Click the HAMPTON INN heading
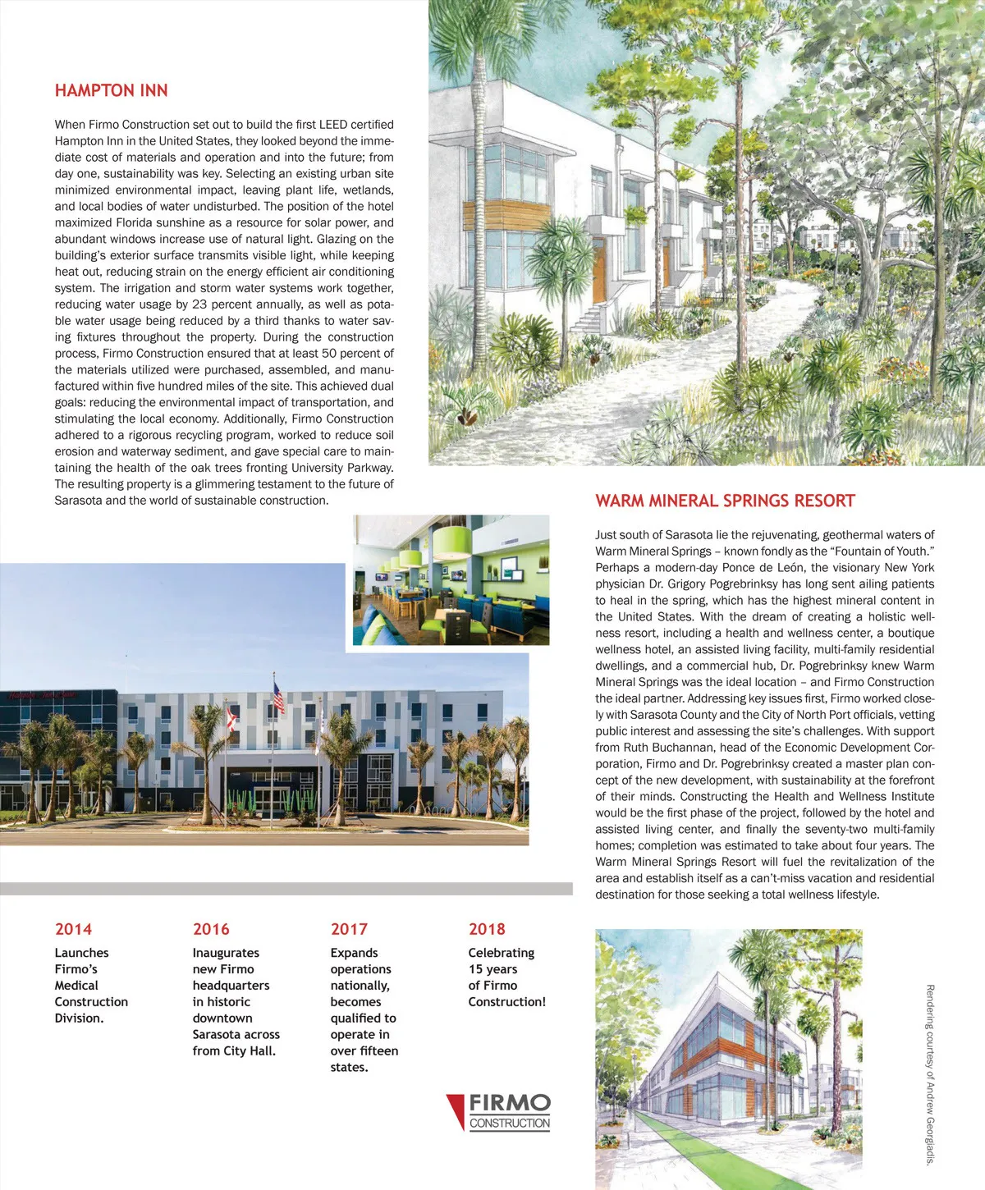tap(111, 90)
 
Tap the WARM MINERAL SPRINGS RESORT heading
tap(725, 501)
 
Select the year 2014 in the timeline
tap(73, 929)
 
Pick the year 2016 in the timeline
tap(211, 929)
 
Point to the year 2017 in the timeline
tap(349, 929)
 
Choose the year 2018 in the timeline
tap(487, 929)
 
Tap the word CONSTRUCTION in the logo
tap(510, 1123)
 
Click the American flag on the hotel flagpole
tap(279, 698)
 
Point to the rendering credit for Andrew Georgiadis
tap(930, 1074)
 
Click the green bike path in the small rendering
tap(698, 1149)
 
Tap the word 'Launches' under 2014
tap(81, 953)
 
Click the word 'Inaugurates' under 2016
tap(226, 953)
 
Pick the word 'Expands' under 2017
tap(354, 953)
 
